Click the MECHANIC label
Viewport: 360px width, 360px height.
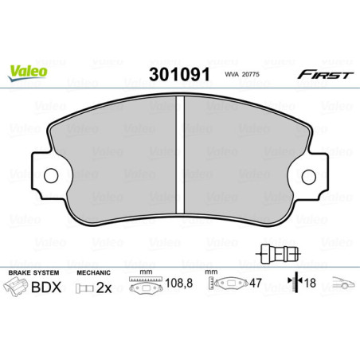(x=92, y=272)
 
